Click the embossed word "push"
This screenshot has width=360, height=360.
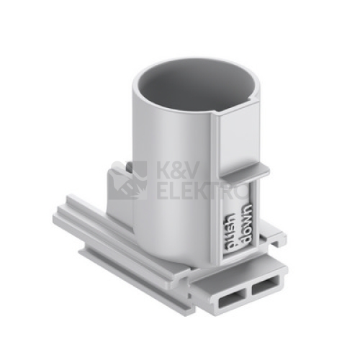230,229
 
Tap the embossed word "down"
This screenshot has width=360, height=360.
247,222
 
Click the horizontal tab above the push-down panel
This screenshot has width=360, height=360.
245,171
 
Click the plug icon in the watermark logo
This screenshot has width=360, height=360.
127,181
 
